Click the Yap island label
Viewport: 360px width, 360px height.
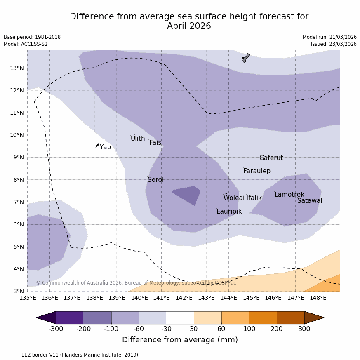[105, 147]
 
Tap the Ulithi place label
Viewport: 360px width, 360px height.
[139, 139]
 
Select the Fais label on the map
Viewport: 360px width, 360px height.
[155, 143]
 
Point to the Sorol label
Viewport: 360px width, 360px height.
[155, 180]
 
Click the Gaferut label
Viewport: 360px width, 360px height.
[271, 158]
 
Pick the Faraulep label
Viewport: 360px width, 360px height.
[256, 171]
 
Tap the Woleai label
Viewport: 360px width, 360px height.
[234, 198]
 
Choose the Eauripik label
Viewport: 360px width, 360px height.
[229, 212]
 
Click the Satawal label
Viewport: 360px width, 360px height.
[310, 201]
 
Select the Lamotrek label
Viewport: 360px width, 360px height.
[289, 195]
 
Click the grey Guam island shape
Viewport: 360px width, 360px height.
[246, 58]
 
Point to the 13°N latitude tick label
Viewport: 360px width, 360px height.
[16, 68]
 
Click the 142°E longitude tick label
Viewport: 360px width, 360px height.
[184, 298]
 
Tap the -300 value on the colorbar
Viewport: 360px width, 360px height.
[56, 329]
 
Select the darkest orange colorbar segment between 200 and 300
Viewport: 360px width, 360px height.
[290, 318]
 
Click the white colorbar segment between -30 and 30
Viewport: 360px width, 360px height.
[180, 318]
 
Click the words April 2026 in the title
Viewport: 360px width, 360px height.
[189, 26]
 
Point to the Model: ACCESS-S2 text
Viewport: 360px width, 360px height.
[26, 44]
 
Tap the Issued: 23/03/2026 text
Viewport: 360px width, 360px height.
[334, 44]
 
